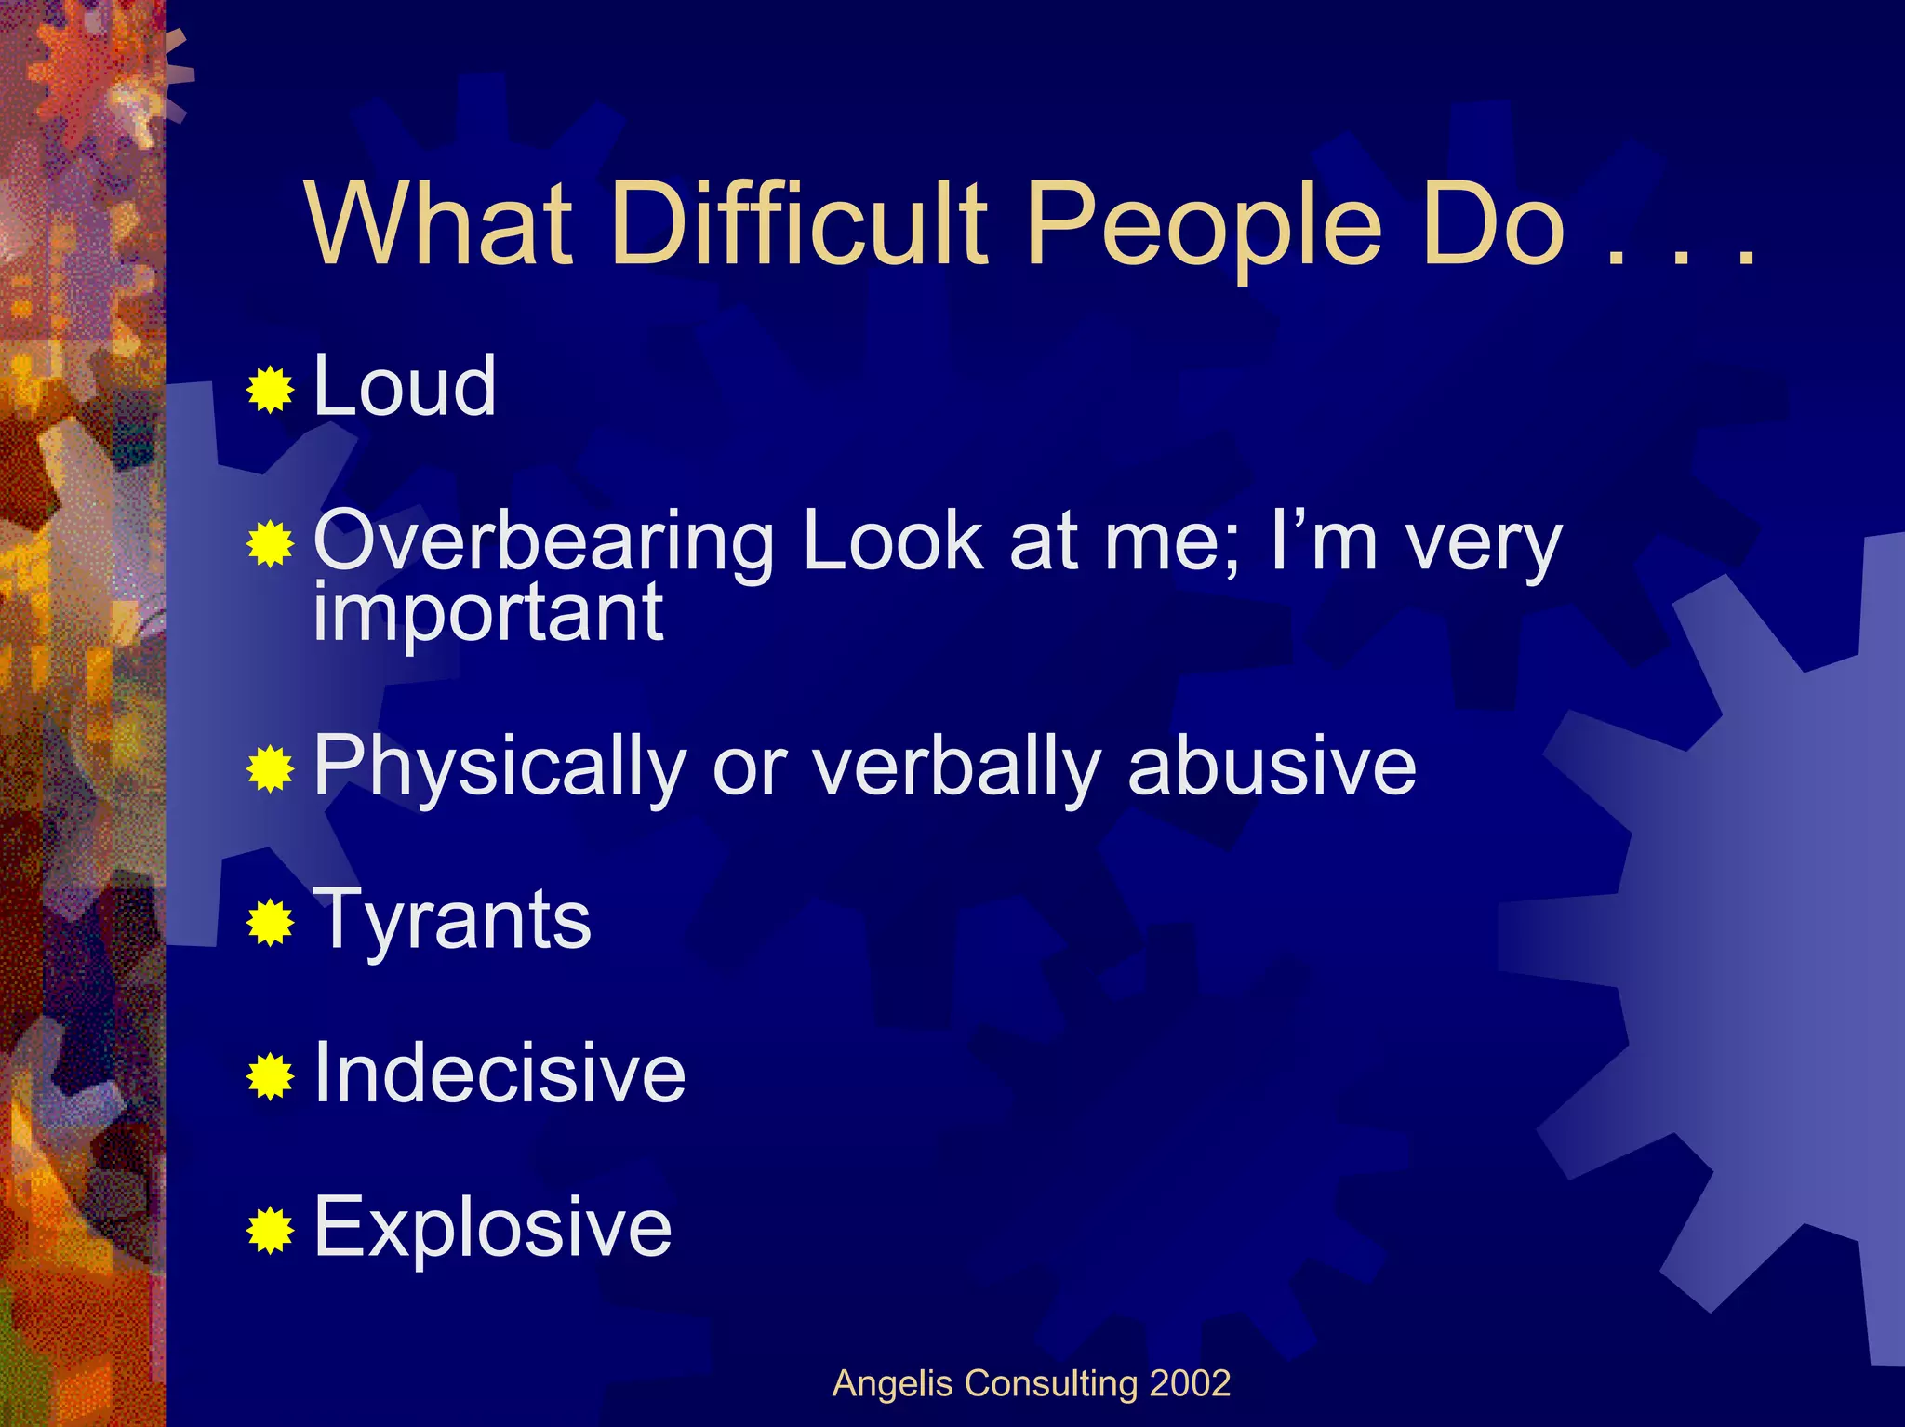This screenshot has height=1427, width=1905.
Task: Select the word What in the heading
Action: point(438,223)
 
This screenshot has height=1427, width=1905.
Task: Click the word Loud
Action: point(404,386)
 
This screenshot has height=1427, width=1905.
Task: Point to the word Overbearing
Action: point(543,542)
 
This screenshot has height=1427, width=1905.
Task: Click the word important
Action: point(488,614)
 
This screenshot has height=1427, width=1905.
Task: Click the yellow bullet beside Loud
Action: point(271,390)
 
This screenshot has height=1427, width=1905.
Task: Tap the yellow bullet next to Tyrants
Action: point(271,923)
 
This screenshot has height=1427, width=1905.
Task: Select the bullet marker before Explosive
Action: point(271,1231)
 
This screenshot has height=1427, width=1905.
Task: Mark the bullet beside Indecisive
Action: point(271,1076)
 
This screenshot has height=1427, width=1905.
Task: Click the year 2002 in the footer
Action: point(1190,1383)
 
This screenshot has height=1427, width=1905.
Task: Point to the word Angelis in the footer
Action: point(893,1384)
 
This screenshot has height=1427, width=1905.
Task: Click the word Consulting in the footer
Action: point(1051,1384)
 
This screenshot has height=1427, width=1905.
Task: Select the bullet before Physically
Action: point(271,769)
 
